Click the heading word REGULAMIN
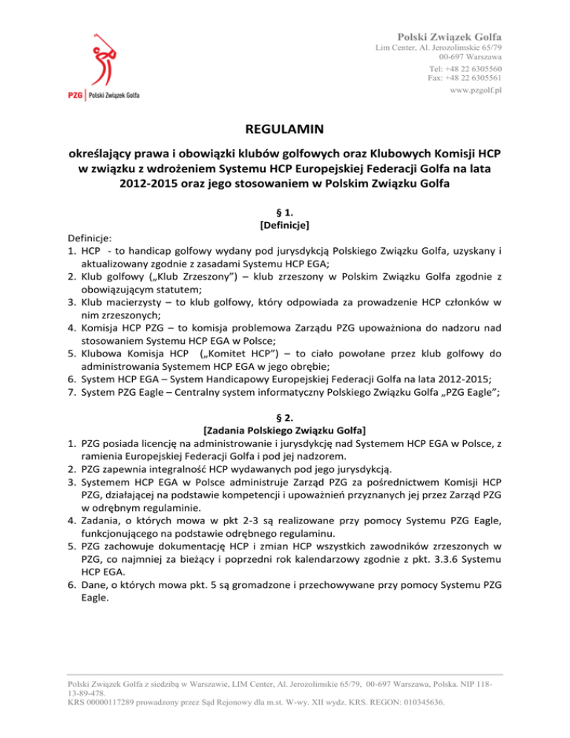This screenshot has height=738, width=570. tap(284, 130)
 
